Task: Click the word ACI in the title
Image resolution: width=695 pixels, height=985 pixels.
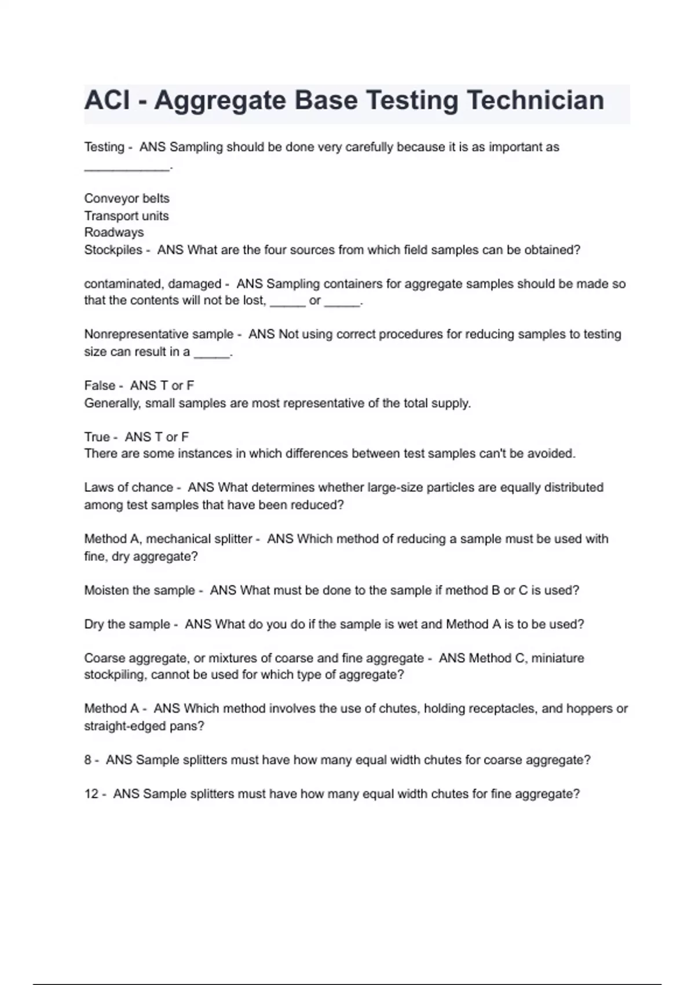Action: click(107, 100)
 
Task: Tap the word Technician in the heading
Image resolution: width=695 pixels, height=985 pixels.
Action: click(535, 100)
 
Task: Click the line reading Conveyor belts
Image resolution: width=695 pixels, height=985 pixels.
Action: click(127, 198)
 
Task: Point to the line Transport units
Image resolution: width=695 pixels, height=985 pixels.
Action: click(126, 216)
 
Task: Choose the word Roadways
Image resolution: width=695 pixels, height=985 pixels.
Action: click(114, 232)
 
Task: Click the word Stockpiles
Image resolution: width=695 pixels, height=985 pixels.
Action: click(113, 250)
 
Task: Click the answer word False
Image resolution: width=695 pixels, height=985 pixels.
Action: click(100, 385)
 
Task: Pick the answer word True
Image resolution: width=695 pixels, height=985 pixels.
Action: click(97, 437)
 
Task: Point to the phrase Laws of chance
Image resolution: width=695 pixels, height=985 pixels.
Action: click(129, 487)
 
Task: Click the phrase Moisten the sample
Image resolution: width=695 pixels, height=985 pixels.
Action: click(140, 590)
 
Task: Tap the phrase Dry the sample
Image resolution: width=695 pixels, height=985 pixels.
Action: click(127, 624)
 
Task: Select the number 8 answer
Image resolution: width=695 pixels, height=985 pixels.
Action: click(88, 760)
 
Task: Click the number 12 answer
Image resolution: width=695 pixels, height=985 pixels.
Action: click(92, 794)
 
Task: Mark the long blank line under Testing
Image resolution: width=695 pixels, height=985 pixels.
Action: click(127, 168)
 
